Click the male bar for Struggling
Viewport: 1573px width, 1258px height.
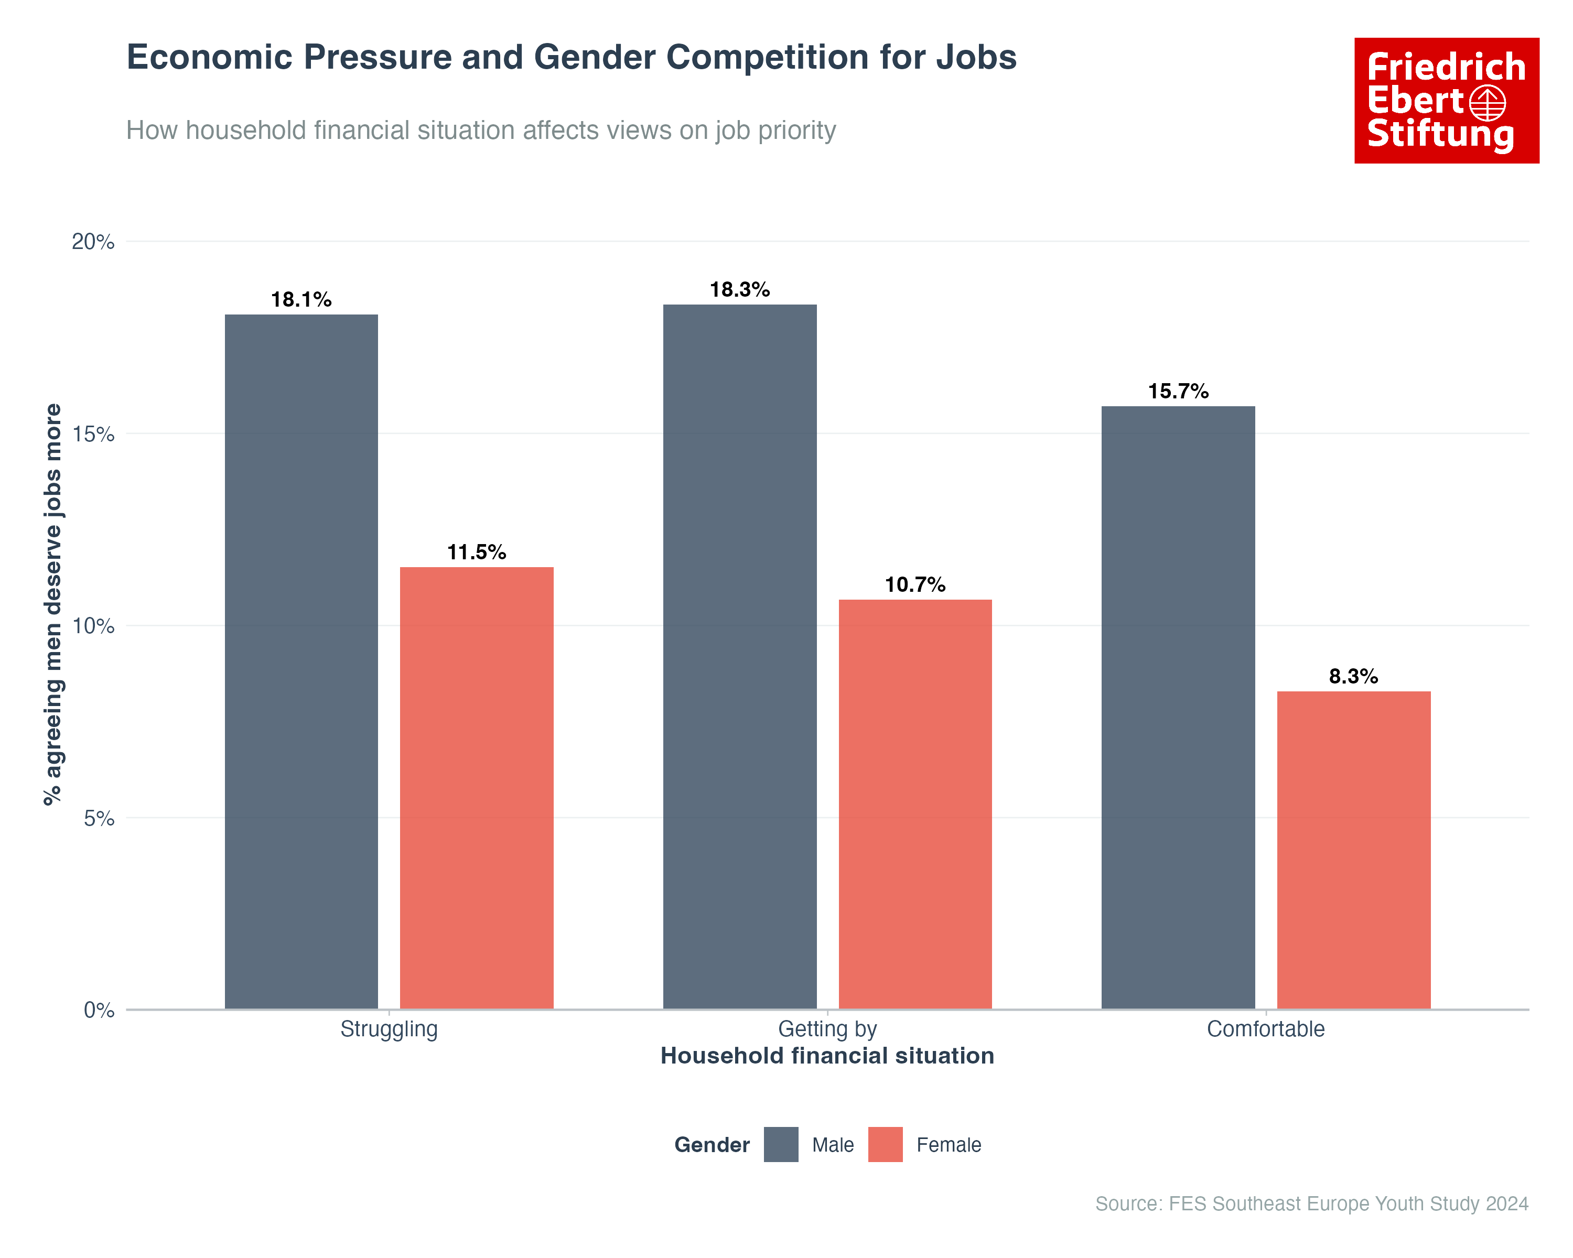point(301,661)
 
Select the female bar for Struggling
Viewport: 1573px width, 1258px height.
point(477,788)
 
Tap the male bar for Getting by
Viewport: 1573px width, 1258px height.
point(740,656)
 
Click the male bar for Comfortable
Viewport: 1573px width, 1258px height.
point(1178,708)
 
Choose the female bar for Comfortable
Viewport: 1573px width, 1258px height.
point(1353,850)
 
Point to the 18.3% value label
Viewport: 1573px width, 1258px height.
point(740,289)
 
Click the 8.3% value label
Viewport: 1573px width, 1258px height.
point(1353,676)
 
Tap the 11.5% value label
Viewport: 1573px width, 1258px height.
point(477,552)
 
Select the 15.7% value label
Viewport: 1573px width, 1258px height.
point(1178,391)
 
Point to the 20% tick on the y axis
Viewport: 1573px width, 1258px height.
point(93,242)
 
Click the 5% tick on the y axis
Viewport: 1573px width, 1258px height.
point(99,818)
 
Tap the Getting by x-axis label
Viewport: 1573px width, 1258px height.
point(827,1029)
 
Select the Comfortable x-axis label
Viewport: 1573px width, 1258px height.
point(1265,1029)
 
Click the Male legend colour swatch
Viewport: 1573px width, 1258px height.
point(781,1144)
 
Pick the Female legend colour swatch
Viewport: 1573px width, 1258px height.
point(885,1144)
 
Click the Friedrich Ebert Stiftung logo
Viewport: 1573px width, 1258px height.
point(1446,101)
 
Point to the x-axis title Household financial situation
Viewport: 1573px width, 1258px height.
point(827,1056)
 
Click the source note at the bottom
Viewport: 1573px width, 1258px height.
point(1311,1203)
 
